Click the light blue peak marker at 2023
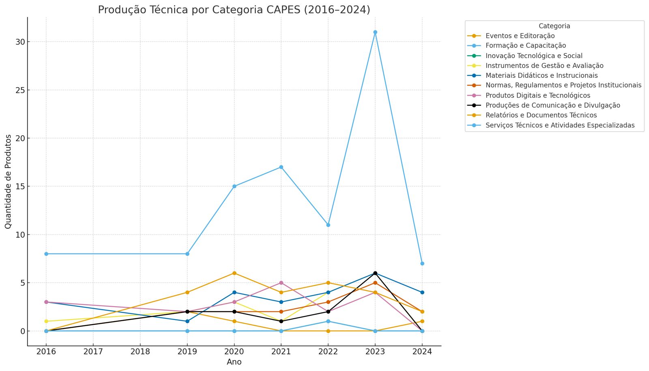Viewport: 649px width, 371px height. coord(375,32)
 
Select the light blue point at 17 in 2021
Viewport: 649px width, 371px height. coord(281,167)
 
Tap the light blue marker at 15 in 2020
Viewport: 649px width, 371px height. coord(234,186)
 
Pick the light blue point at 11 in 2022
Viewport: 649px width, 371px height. coord(328,225)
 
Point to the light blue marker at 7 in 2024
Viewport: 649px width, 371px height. coord(422,263)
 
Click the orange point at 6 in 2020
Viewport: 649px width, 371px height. coord(234,273)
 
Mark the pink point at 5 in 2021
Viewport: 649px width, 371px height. coord(281,283)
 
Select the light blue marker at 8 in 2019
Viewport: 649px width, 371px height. coord(187,254)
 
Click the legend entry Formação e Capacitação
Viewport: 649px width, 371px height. coord(525,46)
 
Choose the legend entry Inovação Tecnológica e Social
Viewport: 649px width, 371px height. coord(533,56)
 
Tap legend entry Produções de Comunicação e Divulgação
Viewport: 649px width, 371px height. coord(552,105)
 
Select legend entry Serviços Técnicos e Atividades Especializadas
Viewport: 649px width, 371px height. coord(560,125)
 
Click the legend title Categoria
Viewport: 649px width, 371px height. coord(554,26)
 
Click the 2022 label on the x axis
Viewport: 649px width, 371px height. coord(328,351)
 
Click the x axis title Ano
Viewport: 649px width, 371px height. coord(234,362)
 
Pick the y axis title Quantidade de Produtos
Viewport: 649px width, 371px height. coord(9,181)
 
